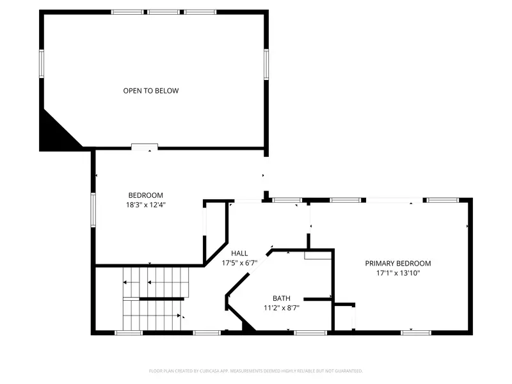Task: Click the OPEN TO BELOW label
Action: pyautogui.click(x=151, y=91)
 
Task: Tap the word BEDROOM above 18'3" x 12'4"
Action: pyautogui.click(x=146, y=195)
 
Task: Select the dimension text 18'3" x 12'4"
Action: pyautogui.click(x=146, y=205)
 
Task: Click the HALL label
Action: pyautogui.click(x=239, y=253)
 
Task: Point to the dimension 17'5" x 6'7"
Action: pyautogui.click(x=239, y=263)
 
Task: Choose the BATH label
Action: pyautogui.click(x=282, y=298)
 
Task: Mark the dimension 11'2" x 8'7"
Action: pyautogui.click(x=282, y=308)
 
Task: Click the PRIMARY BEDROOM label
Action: pyautogui.click(x=398, y=263)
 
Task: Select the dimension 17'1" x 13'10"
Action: pyautogui.click(x=398, y=273)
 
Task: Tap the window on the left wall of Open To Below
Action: pyautogui.click(x=42, y=64)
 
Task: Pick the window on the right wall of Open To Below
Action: pyautogui.click(x=266, y=64)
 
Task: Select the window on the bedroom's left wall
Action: pyautogui.click(x=93, y=210)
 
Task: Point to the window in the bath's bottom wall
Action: pyautogui.click(x=310, y=332)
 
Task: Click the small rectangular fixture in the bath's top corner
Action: pyautogui.click(x=317, y=255)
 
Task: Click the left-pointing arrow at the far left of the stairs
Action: pyautogui.click(x=126, y=282)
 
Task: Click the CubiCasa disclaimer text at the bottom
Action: pyautogui.click(x=256, y=371)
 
